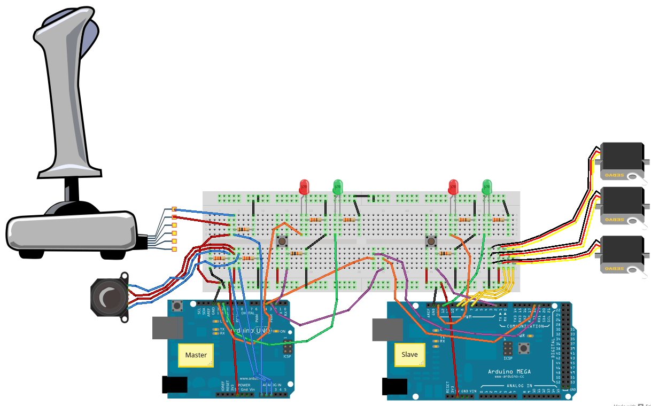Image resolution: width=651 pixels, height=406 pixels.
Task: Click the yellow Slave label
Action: pos(409,354)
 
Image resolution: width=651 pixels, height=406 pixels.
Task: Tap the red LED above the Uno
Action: pos(304,187)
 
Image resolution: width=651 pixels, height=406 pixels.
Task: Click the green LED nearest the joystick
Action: pos(338,187)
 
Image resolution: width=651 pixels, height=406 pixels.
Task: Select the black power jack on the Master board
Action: pos(174,385)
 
